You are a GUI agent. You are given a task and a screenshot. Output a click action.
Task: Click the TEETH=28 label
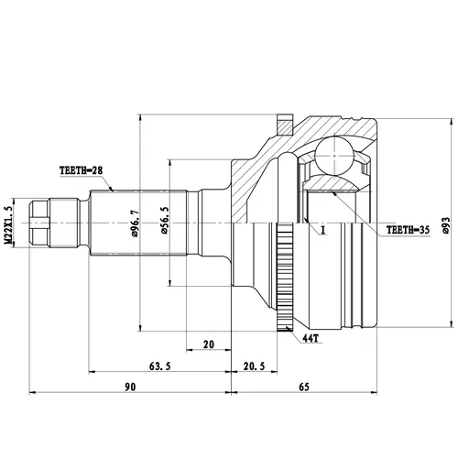tap(82, 170)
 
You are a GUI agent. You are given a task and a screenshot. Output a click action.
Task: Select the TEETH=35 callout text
tap(408, 230)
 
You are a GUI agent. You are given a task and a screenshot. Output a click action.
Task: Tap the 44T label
tap(311, 338)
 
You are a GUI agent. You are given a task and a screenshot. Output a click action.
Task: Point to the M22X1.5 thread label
tap(8, 225)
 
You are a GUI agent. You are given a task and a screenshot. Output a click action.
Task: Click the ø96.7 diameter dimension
tap(135, 224)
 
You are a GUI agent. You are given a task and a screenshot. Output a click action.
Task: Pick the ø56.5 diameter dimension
tap(165, 220)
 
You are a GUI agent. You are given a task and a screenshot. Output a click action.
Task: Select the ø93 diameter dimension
tap(445, 225)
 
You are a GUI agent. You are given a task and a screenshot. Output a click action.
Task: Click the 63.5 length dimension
tap(159, 365)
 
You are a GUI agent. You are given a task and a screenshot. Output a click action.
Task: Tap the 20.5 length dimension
tap(254, 365)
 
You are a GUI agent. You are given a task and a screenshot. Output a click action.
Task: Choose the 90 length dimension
tap(130, 387)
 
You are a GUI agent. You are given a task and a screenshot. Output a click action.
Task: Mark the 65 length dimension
tap(304, 387)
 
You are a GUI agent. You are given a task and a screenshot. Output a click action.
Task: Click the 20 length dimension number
tap(209, 344)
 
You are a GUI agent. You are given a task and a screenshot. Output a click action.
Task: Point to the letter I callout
tap(323, 230)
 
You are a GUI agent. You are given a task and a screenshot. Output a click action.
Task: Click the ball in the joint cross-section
tap(334, 156)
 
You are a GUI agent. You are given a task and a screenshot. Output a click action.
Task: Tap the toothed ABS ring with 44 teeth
tap(285, 278)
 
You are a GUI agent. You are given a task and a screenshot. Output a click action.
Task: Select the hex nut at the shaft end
tap(39, 223)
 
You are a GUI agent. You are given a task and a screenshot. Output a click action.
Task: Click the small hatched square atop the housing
tap(285, 125)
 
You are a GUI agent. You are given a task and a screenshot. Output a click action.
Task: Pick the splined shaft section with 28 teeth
tap(138, 223)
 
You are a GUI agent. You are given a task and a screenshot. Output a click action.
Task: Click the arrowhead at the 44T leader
tap(288, 329)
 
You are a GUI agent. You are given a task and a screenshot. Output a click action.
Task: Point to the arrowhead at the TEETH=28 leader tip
tap(111, 189)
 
